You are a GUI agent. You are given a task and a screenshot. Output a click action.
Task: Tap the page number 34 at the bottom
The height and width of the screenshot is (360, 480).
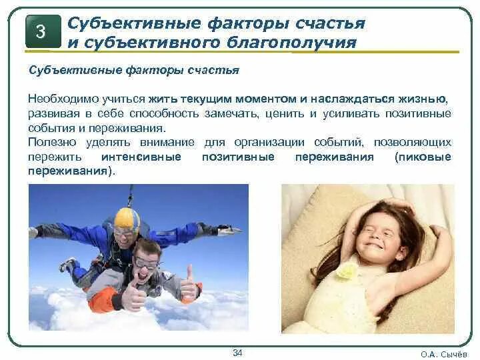[x=238, y=352]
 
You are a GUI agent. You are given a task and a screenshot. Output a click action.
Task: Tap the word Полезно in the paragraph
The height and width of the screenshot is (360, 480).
[x=47, y=142]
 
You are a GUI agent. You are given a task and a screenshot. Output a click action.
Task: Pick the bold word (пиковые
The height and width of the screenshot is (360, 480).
[x=422, y=157]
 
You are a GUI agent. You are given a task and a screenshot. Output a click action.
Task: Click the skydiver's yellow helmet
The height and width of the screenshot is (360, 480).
[x=126, y=219]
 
